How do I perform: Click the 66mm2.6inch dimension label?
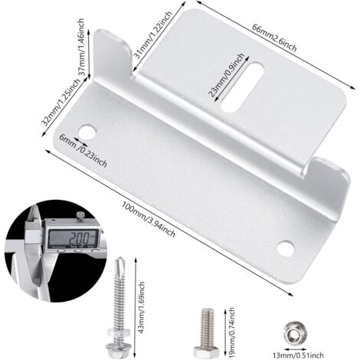click(x=274, y=38)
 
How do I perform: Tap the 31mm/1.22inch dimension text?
click(x=153, y=34)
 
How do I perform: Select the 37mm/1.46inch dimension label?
click(x=80, y=46)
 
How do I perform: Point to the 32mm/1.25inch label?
click(x=61, y=102)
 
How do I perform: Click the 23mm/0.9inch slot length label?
click(x=226, y=74)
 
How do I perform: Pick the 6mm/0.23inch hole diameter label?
click(x=83, y=151)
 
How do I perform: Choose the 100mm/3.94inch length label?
click(x=148, y=219)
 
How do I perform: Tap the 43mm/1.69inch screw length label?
click(x=141, y=307)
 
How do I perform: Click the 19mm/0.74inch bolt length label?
click(x=231, y=329)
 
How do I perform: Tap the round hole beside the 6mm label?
click(x=87, y=132)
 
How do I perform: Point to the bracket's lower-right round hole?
click(x=285, y=248)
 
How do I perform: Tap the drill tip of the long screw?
click(x=120, y=263)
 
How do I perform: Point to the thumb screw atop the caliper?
click(x=80, y=215)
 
